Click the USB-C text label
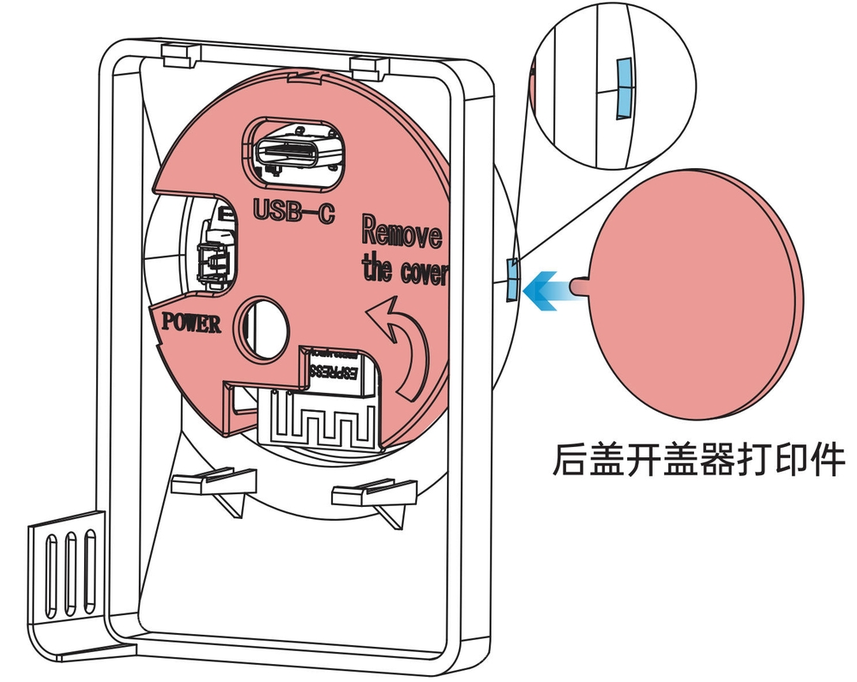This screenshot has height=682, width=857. click(294, 210)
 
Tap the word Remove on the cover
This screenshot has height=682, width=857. click(401, 232)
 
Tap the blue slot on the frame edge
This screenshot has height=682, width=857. click(511, 280)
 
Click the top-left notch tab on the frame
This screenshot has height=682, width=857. click(179, 56)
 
